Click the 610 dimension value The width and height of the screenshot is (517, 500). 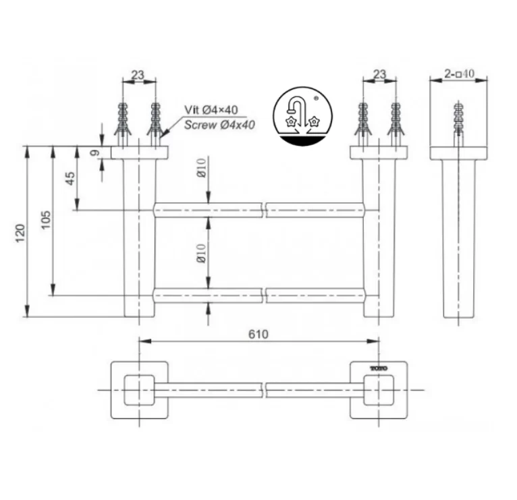click(258, 334)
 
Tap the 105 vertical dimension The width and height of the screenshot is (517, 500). click(45, 220)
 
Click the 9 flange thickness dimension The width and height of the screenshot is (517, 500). click(94, 153)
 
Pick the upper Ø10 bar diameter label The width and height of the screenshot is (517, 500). click(200, 168)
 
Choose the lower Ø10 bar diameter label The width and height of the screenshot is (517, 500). click(200, 253)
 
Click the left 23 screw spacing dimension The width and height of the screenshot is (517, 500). click(139, 76)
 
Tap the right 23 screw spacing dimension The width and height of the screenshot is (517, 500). click(380, 76)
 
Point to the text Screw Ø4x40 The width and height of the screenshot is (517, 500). click(219, 124)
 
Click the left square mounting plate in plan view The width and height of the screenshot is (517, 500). click(139, 390)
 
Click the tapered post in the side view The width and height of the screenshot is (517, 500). click(459, 236)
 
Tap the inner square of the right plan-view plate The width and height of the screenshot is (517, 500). click(378, 390)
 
